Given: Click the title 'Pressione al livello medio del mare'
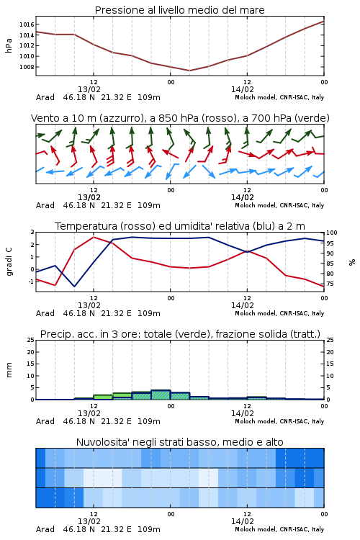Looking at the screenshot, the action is pos(179,10).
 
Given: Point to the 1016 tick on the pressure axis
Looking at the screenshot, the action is pos(27,24).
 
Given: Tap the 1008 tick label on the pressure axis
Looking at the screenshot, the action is pos(27,67).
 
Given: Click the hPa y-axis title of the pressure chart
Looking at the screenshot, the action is pos(9,45).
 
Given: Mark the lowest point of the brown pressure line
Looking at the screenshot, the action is pos(189,71).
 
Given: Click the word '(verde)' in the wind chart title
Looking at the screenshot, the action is pos(314,118).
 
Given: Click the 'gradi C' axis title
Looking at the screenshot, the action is pos(9,261).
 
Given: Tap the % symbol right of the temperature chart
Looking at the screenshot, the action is pos(352,262).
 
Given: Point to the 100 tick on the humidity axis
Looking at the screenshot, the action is pos(331,233).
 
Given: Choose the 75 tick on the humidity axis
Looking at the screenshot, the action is pos(330,284).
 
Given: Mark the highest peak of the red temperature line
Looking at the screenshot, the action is pos(94,237).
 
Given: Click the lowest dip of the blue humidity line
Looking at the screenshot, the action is pos(74,286).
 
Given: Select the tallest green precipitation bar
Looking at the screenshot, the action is pos(161,395).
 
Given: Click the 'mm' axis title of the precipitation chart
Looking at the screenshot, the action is pos(9,370).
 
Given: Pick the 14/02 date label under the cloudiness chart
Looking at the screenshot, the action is pos(242,521).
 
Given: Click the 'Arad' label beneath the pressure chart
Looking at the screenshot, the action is pos(45,97).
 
